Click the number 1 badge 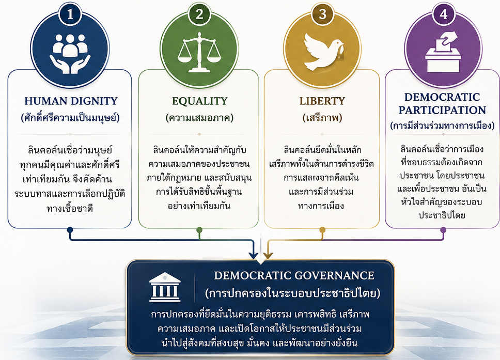point(70,14)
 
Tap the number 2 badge point(199,14)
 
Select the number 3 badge point(322,14)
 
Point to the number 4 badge point(443,14)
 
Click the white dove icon point(323,52)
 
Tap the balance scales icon point(199,52)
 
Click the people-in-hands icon point(70,53)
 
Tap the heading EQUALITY point(199,101)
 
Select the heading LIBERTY point(322,101)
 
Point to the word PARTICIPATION point(442,110)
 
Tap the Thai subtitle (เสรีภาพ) point(322,118)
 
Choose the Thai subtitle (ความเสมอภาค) point(199,118)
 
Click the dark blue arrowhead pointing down point(253,256)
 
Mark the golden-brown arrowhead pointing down point(268,256)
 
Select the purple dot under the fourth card point(443,230)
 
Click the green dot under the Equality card point(199,230)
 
